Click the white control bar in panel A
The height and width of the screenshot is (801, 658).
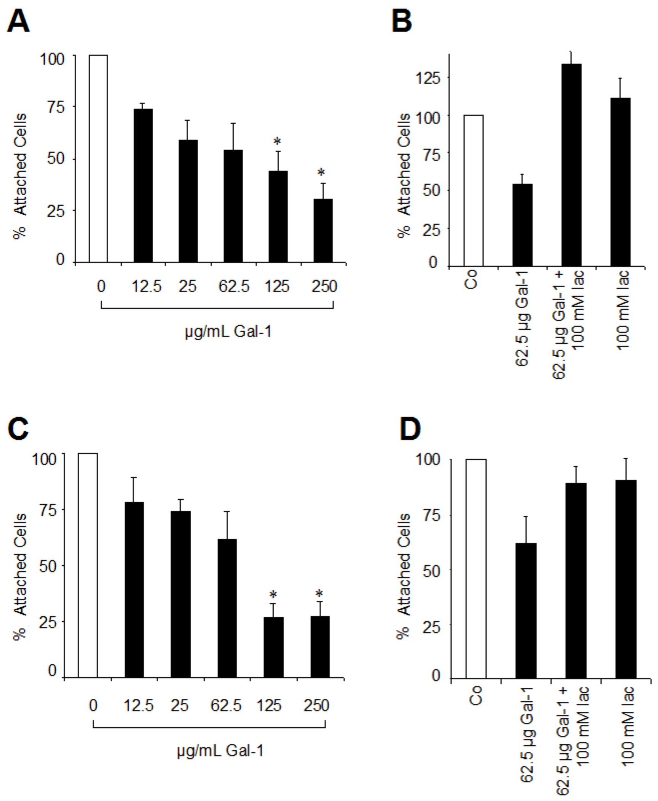point(98,158)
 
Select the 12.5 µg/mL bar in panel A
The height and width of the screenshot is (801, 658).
point(143,185)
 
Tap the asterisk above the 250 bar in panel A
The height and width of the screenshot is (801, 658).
point(321,173)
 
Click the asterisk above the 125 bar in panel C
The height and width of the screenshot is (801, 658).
point(273,595)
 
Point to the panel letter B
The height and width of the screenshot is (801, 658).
point(402,21)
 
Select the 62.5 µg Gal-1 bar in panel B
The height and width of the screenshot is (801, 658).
point(522,225)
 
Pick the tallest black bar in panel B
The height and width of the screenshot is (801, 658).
point(572,165)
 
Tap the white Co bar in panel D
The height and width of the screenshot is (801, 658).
point(476,569)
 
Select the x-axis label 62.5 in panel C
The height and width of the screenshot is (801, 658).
point(226,706)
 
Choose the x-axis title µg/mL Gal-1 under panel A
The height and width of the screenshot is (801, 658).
point(228,332)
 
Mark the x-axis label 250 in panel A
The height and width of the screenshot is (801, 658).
point(324,286)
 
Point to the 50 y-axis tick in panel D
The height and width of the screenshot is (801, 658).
point(432,571)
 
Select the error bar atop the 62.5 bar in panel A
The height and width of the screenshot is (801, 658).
point(233,136)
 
